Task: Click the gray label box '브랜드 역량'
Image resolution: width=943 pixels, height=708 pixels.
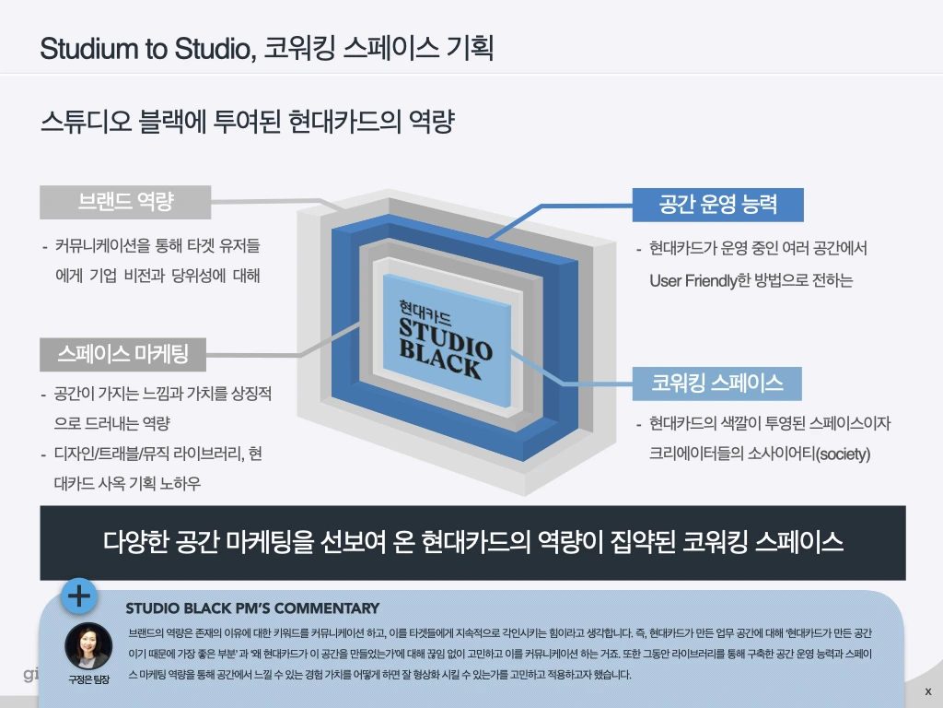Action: tap(125, 201)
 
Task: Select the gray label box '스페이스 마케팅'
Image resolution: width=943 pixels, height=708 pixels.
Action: tap(122, 353)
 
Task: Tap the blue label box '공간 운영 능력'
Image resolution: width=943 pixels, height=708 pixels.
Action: tap(717, 205)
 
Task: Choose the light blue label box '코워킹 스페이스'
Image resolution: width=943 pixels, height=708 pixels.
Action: tap(717, 383)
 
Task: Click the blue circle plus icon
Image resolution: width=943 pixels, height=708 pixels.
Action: tap(80, 596)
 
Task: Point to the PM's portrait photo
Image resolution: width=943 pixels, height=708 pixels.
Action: tap(88, 646)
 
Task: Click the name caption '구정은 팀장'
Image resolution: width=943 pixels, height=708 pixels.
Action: tap(88, 679)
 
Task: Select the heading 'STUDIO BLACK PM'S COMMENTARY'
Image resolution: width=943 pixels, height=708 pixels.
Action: tap(252, 608)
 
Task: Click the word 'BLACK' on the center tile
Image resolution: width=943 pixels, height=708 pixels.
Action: tap(440, 360)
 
